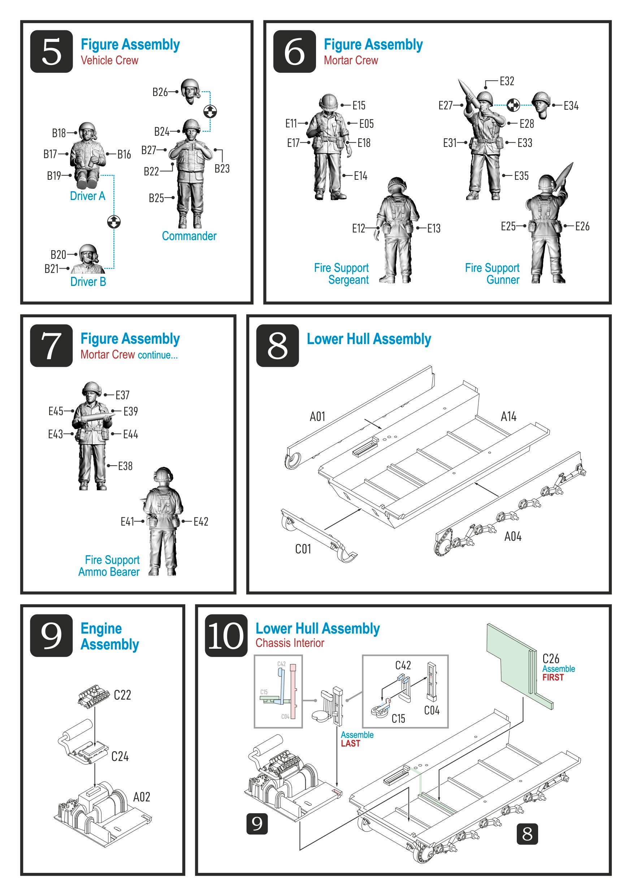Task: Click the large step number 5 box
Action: click(x=51, y=51)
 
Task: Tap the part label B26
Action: click(x=160, y=92)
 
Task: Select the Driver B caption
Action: click(x=88, y=281)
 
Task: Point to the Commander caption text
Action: click(x=189, y=236)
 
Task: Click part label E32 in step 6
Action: click(x=507, y=81)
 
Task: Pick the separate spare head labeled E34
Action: click(x=541, y=105)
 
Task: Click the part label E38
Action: click(x=125, y=466)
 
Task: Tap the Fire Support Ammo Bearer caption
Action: click(x=109, y=566)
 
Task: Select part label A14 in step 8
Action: click(x=508, y=416)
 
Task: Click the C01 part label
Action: click(x=303, y=549)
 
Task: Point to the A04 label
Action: click(x=512, y=536)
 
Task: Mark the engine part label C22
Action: click(x=122, y=695)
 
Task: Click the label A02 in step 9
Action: click(x=141, y=797)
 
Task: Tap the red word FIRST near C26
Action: click(x=553, y=678)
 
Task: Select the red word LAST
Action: click(x=350, y=743)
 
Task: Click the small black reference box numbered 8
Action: click(x=527, y=834)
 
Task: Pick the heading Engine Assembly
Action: click(x=110, y=636)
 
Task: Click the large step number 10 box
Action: click(x=226, y=636)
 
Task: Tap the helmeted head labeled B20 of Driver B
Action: click(x=88, y=254)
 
